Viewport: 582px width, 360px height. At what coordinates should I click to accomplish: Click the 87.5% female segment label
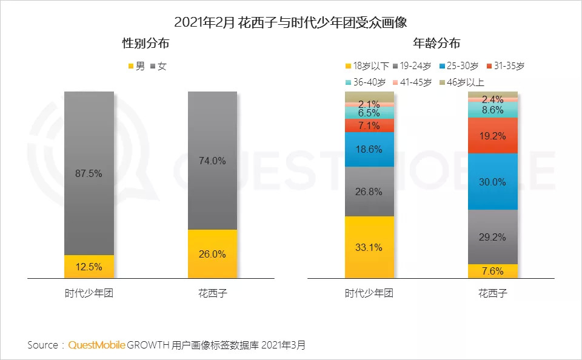click(x=89, y=173)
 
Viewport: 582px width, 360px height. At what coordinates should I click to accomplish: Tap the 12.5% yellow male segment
click(x=89, y=267)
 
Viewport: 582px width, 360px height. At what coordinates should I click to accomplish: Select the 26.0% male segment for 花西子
click(x=212, y=254)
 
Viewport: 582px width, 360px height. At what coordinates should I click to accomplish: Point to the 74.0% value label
click(x=212, y=161)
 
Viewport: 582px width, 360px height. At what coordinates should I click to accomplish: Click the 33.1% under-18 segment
click(x=369, y=247)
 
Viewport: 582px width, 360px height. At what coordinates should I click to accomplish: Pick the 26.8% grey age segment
click(x=369, y=192)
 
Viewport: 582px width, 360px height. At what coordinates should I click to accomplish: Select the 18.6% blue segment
click(x=369, y=149)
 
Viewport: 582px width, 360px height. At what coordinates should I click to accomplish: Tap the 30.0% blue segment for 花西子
click(x=492, y=182)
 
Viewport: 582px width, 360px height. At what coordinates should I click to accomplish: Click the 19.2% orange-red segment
click(x=492, y=136)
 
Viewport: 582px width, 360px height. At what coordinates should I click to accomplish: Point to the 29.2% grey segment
click(x=492, y=237)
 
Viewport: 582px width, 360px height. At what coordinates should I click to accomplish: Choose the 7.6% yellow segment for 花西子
click(x=492, y=271)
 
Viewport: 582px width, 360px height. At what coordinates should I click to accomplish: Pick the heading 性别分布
click(x=145, y=44)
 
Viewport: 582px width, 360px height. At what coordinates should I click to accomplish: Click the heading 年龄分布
click(x=436, y=44)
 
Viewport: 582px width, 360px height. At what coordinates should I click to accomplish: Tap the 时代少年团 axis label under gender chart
click(x=89, y=294)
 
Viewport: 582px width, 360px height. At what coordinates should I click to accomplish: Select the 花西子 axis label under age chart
click(x=492, y=294)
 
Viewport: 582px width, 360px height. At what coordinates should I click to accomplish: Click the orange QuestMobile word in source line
click(x=96, y=345)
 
